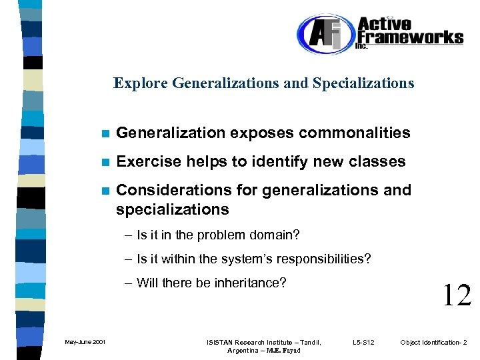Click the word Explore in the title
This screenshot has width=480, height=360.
[141, 83]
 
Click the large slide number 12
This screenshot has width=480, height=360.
[456, 295]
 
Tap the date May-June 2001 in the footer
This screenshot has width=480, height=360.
[85, 343]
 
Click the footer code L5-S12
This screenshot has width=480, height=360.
[363, 343]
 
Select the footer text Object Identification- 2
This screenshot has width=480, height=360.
[434, 343]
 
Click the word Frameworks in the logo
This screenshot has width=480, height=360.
[409, 37]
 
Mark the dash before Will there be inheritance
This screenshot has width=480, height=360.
[127, 283]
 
